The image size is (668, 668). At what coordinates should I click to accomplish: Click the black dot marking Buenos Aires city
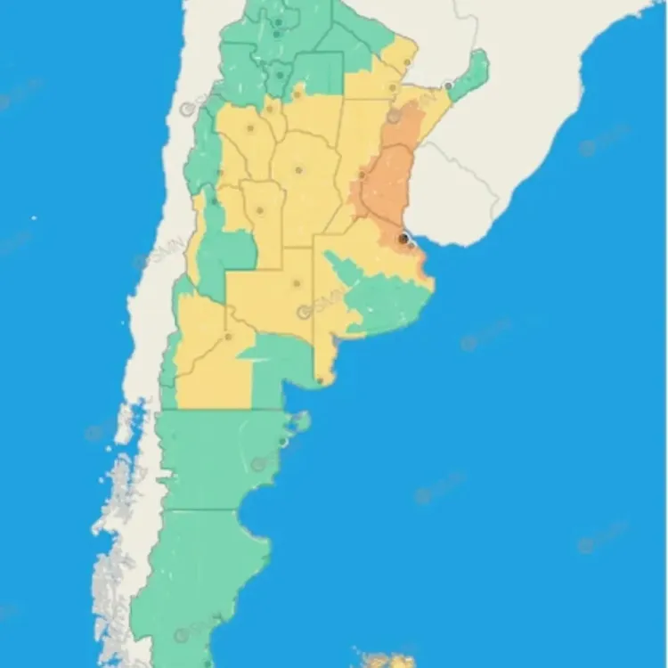[403, 239]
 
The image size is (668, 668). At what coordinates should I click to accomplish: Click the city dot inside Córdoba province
[299, 169]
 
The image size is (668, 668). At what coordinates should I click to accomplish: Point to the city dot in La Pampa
[297, 284]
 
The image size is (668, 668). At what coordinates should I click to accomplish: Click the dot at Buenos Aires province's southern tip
[320, 380]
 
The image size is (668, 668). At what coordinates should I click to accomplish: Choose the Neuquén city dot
[229, 337]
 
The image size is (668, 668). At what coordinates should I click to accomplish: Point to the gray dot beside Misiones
[449, 86]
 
